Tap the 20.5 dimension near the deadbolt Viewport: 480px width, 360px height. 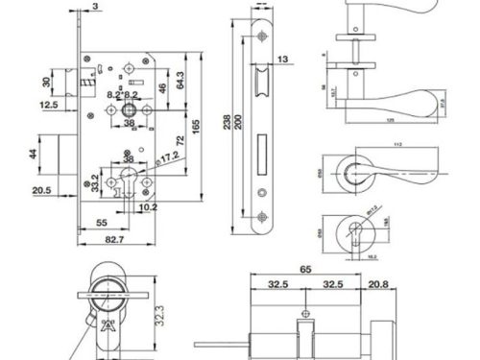point(40,191)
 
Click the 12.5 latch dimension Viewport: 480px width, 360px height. point(49,106)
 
